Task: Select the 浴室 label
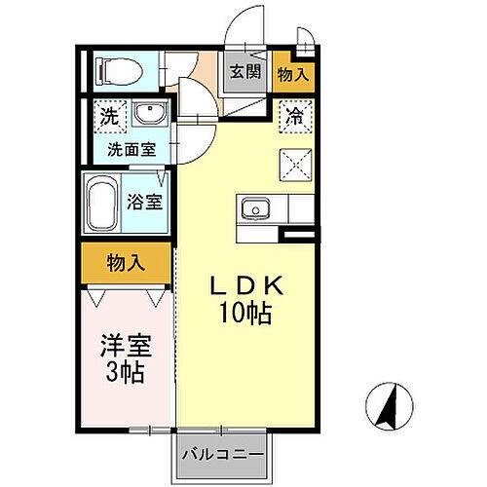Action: (147, 204)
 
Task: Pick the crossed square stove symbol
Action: (294, 162)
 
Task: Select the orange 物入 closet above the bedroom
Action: (126, 262)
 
